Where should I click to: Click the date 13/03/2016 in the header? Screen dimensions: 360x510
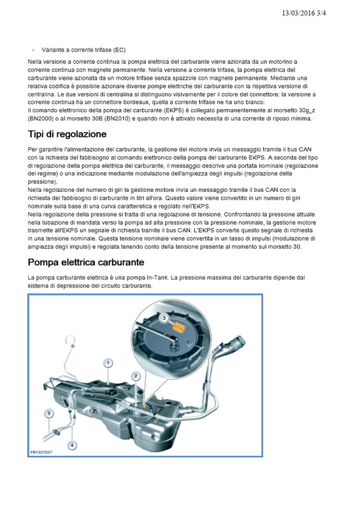pyautogui.click(x=299, y=13)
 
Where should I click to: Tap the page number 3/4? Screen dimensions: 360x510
pyautogui.click(x=321, y=13)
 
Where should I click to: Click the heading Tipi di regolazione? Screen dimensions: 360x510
pyautogui.click(x=68, y=134)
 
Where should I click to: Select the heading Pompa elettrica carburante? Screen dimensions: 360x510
pyautogui.click(x=86, y=262)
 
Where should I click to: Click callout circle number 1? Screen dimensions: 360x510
pyautogui.click(x=108, y=363)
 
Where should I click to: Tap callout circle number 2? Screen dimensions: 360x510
pyautogui.click(x=136, y=376)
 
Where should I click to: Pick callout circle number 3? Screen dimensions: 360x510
pyautogui.click(x=164, y=317)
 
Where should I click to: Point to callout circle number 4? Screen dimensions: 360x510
pyautogui.click(x=72, y=445)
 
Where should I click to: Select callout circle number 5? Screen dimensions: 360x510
pyautogui.click(x=49, y=413)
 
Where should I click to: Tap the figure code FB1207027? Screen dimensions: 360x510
pyautogui.click(x=41, y=452)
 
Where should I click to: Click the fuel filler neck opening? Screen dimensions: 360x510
pyautogui.click(x=238, y=343)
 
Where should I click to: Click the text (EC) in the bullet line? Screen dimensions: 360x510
pyautogui.click(x=119, y=50)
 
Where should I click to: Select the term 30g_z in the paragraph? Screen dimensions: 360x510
pyautogui.click(x=307, y=110)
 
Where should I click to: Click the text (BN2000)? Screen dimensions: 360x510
pyautogui.click(x=41, y=119)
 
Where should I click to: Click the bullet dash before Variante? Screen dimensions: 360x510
pyautogui.click(x=33, y=50)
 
